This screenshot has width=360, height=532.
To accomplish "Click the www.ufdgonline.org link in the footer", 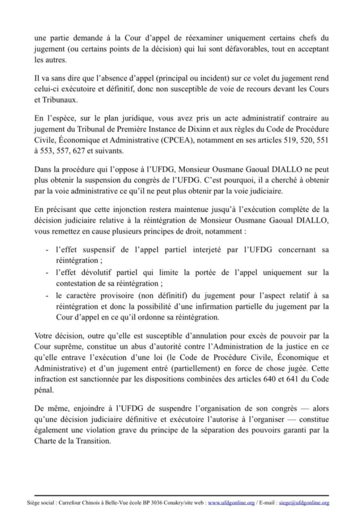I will [231, 503].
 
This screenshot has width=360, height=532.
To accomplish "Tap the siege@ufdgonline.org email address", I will [304, 503].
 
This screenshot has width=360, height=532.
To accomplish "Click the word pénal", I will [44, 390].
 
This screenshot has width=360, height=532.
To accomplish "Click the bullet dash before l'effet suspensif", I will [47, 250].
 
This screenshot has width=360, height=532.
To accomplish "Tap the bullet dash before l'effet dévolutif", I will [47, 273].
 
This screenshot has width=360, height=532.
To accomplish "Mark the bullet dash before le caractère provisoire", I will [47, 296].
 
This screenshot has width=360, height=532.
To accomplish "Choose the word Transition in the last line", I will [95, 441].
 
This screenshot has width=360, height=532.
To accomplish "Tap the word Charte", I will [45, 441].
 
